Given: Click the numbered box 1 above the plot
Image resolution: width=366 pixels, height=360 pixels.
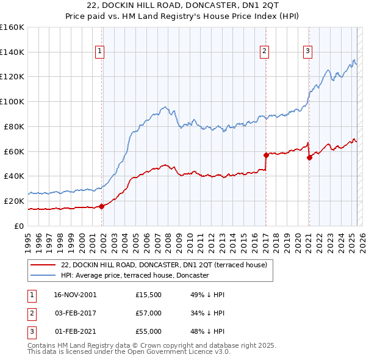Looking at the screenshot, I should [99, 52].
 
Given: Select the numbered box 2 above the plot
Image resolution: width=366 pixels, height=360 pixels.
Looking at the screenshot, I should [265, 52].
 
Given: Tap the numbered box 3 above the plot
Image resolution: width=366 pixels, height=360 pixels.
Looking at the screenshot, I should [308, 52].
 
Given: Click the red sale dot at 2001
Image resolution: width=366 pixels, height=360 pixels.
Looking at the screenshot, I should [101, 206].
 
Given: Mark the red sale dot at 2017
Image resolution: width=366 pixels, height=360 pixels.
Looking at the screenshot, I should [266, 154].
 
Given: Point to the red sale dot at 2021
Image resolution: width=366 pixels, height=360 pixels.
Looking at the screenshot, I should [309, 157].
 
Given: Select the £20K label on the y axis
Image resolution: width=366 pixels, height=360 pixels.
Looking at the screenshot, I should [13, 201].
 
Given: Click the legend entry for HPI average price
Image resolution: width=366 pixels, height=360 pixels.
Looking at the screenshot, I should [135, 275].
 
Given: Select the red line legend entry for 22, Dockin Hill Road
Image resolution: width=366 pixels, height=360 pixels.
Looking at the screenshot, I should [163, 265].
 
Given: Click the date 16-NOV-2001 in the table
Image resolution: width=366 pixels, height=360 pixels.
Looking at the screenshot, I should [75, 295].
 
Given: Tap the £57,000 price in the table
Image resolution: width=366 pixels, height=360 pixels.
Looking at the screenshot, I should [149, 313].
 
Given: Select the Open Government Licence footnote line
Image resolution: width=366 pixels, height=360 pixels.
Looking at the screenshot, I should [129, 352].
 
